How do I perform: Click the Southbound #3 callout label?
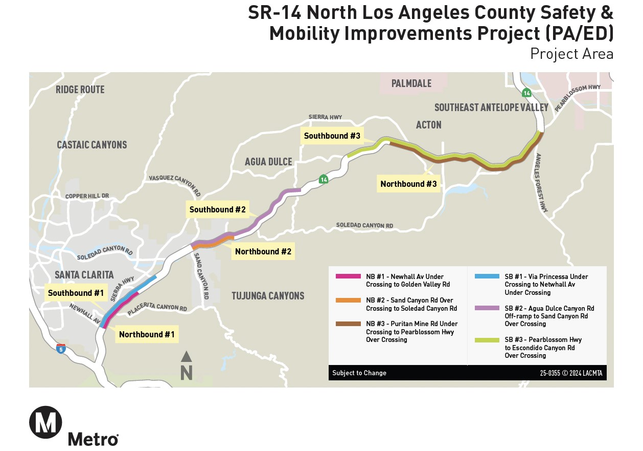pos(332,136)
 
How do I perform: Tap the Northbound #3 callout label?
pos(409,184)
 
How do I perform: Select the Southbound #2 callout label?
pos(218,209)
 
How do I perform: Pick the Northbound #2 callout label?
pos(263,251)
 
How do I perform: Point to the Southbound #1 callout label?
pos(76,293)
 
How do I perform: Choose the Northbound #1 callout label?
pos(147,334)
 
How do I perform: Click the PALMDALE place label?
pos(411,83)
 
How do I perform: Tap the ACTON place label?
pos(428,125)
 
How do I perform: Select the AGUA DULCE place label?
pos(268,162)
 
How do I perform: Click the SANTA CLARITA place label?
pos(84,275)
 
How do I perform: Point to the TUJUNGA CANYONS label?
pos(268,295)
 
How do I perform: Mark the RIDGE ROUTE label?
pos(80,90)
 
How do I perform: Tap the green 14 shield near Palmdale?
pos(526,93)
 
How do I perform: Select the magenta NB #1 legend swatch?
pos(348,276)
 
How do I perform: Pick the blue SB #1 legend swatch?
pos(487,276)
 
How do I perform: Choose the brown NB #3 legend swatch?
pos(348,324)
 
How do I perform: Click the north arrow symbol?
pos(187,366)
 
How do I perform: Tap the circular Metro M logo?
pos(45,422)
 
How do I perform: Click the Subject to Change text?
pos(359,373)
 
